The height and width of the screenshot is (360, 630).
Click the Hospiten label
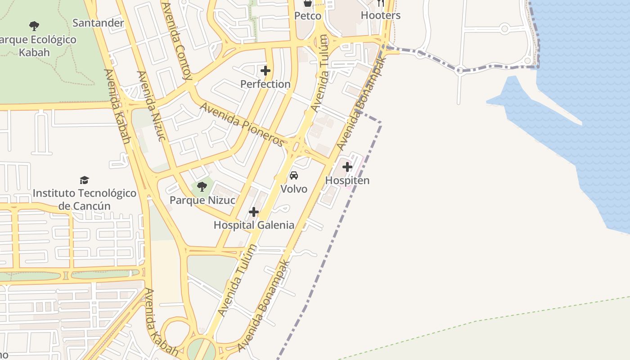[x=347, y=180]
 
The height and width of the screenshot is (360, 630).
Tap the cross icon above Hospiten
[x=347, y=167]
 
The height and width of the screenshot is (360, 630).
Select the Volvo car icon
[x=294, y=175]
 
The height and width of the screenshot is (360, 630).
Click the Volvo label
[x=294, y=189]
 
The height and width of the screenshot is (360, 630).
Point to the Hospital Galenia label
[x=254, y=225]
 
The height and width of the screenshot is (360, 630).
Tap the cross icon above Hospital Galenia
[x=254, y=211]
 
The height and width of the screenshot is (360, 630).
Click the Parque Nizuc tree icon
[x=202, y=186]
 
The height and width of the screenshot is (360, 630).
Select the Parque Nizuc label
[x=202, y=200]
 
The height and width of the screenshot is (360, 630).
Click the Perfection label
[x=265, y=84]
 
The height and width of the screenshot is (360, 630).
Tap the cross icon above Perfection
[x=265, y=71]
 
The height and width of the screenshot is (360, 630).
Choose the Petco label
[x=308, y=16]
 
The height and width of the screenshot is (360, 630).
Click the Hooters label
[x=381, y=15]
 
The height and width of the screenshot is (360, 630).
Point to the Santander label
[x=98, y=23]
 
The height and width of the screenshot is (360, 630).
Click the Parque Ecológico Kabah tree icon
[x=34, y=26]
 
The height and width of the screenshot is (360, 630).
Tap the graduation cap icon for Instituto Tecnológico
[x=84, y=180]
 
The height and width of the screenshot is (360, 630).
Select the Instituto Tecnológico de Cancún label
[x=84, y=200]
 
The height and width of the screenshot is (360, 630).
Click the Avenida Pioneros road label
[x=242, y=125]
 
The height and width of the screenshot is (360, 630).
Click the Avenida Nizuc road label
[x=151, y=105]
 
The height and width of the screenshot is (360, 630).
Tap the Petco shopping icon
[x=308, y=3]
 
